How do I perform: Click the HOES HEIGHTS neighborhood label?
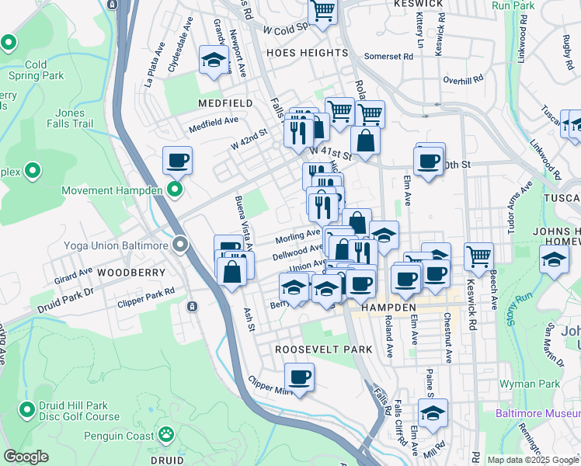[x=299, y=53]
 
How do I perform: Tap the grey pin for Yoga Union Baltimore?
[x=181, y=245]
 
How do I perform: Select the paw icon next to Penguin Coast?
[x=165, y=433]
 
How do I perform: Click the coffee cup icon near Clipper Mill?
[x=299, y=379]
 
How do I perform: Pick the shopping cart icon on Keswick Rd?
[x=479, y=255]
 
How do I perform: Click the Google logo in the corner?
[x=26, y=457]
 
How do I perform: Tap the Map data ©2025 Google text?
[x=532, y=460]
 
